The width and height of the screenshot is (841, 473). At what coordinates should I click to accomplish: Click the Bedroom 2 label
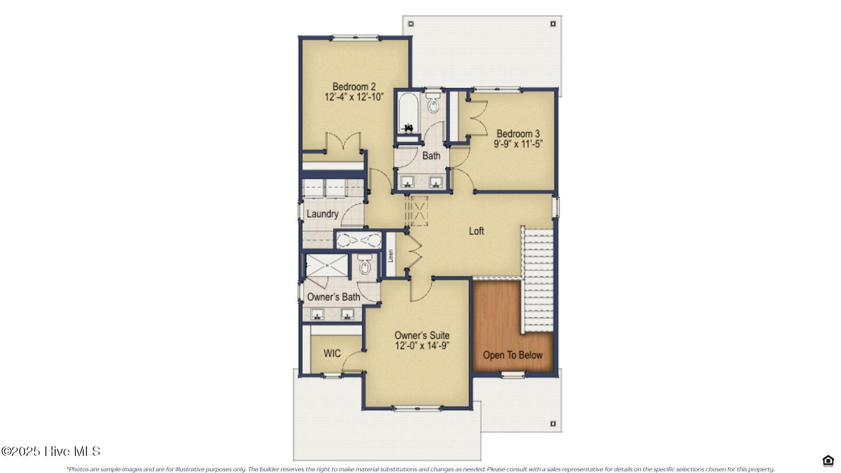pyautogui.click(x=353, y=86)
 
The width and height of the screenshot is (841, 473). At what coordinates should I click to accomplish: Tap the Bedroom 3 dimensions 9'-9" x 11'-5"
pyautogui.click(x=518, y=144)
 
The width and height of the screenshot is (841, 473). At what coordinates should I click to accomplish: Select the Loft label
pyautogui.click(x=476, y=231)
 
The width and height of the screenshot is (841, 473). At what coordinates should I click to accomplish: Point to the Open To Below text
pyautogui.click(x=512, y=355)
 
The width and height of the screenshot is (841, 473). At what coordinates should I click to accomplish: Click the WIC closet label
pyautogui.click(x=332, y=353)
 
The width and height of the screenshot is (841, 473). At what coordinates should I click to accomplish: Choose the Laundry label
pyautogui.click(x=322, y=214)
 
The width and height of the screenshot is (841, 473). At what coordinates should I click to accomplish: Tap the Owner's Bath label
pyautogui.click(x=333, y=297)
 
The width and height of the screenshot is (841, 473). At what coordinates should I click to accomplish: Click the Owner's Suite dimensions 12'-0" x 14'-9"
pyautogui.click(x=422, y=346)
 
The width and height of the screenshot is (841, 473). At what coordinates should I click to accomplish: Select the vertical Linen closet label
pyautogui.click(x=391, y=256)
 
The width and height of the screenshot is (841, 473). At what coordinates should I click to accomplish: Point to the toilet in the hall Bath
pyautogui.click(x=433, y=103)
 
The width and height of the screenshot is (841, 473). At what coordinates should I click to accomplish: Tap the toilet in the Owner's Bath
pyautogui.click(x=364, y=265)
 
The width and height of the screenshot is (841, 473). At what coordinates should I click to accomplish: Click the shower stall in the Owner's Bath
pyautogui.click(x=326, y=265)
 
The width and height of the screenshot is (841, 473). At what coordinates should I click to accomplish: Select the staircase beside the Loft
pyautogui.click(x=538, y=280)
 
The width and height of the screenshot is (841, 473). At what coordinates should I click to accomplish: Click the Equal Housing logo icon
pyautogui.click(x=828, y=461)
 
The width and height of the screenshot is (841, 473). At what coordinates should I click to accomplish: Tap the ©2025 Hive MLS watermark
pyautogui.click(x=51, y=451)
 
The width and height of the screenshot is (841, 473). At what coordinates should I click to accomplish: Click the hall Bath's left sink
pyautogui.click(x=408, y=181)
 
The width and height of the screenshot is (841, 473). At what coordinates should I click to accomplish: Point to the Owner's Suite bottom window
pyautogui.click(x=417, y=409)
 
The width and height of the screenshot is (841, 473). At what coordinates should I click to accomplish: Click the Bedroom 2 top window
pyautogui.click(x=356, y=38)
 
